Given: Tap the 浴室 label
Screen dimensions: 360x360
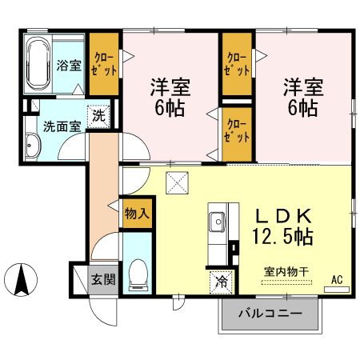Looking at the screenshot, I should [68, 66].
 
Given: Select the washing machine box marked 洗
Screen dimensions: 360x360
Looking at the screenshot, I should [98, 114].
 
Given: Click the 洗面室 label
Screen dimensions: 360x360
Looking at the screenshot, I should [59, 126].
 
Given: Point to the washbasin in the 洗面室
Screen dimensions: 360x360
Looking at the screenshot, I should [32, 146].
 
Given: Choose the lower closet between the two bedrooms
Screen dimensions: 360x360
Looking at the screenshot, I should [235, 130].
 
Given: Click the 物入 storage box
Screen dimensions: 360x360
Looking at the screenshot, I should [137, 214].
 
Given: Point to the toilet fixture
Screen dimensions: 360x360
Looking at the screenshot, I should [138, 274].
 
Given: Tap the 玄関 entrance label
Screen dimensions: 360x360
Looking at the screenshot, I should [101, 280].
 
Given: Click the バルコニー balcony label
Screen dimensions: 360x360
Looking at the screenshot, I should [270, 314].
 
